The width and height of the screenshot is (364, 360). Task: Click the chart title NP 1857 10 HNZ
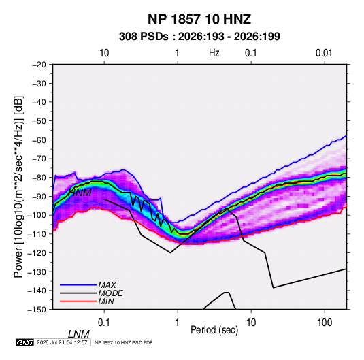click(x=199, y=19)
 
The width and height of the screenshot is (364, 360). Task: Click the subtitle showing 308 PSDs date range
click(x=199, y=37)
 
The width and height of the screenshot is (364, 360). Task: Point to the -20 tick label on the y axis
click(x=39, y=65)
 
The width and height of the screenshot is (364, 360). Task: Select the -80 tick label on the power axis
click(x=39, y=178)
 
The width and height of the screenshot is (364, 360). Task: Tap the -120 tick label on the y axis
click(x=37, y=253)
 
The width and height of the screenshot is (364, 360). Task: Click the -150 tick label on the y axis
click(x=37, y=310)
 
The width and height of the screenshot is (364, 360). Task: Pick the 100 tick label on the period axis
click(x=325, y=323)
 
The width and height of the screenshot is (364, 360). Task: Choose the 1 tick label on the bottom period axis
click(x=178, y=323)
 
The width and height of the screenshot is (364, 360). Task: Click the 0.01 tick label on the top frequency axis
click(x=324, y=53)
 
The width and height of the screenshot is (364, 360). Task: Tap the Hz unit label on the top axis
click(x=214, y=53)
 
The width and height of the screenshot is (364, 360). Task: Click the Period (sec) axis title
click(x=214, y=330)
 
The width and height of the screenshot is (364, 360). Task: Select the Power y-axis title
click(x=18, y=187)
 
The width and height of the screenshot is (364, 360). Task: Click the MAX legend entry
click(x=107, y=285)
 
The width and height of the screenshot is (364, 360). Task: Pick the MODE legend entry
click(x=110, y=293)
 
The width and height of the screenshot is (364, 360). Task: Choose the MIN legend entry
click(x=106, y=301)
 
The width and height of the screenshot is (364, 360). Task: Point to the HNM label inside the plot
click(x=80, y=193)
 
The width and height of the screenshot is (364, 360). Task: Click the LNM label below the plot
click(x=79, y=334)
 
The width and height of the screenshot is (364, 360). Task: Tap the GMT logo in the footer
click(x=25, y=342)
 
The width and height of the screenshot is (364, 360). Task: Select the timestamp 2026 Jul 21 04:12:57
click(x=62, y=342)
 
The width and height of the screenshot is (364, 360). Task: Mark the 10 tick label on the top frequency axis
click(x=104, y=53)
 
